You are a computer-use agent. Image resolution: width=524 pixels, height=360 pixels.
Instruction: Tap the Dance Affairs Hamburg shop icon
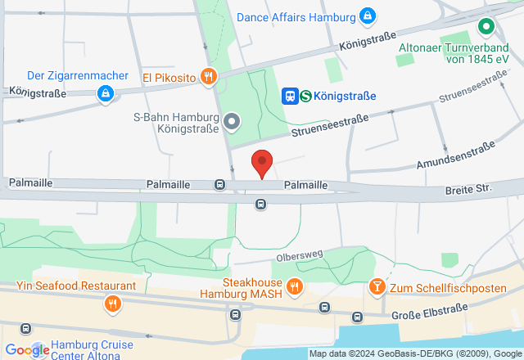(368, 16)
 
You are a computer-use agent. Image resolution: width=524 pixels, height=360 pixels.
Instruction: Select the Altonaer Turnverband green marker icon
(486, 28)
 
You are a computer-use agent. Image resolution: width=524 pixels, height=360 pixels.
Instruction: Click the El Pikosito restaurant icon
(209, 78)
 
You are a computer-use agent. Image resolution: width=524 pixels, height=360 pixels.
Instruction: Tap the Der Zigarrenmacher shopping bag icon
(105, 95)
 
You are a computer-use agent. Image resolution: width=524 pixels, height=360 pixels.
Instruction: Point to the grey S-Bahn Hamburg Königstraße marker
(232, 123)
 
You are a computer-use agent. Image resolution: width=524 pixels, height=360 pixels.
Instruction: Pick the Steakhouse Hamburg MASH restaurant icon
(294, 286)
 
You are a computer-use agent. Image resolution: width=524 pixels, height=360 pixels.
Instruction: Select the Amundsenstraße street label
(455, 155)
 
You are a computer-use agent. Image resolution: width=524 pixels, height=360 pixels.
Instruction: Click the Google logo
(27, 350)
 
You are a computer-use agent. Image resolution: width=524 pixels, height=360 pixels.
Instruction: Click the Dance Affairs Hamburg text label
(296, 16)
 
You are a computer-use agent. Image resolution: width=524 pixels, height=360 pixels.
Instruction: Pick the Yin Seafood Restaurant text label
(76, 286)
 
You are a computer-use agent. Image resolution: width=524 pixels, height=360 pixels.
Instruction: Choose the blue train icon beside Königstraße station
(290, 96)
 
